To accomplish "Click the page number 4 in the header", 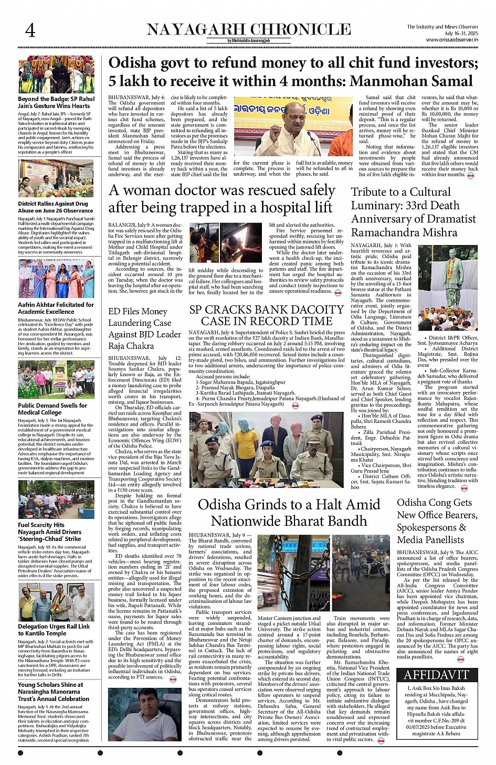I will tap(30, 31).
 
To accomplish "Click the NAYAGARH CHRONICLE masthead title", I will tap(249, 29).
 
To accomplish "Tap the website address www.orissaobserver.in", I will tap(452, 40).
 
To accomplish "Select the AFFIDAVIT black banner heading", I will tap(436, 674).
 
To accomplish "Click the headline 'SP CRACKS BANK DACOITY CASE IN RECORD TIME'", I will tap(267, 315).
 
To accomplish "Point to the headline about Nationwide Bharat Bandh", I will tap(289, 513).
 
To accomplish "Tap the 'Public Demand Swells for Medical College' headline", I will tap(52, 409).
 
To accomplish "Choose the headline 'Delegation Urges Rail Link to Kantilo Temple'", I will tap(54, 630).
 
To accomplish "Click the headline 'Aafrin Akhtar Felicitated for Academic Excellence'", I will tap(56, 308).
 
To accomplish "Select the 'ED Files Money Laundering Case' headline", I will tap(144, 328).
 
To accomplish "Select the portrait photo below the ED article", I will tap(144, 714).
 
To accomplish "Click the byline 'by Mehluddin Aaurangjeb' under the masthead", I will tap(249, 41).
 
